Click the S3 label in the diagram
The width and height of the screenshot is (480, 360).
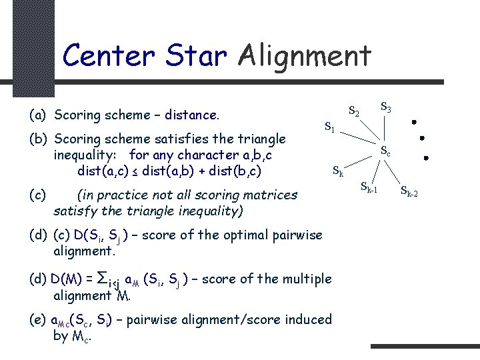385,106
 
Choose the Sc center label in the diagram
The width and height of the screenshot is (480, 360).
385,152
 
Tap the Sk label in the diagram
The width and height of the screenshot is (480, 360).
338,171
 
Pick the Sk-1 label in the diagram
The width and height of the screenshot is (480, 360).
369,188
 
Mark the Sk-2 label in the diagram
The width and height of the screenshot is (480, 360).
409,193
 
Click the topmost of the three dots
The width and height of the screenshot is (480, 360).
414,123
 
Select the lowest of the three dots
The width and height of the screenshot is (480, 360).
426,159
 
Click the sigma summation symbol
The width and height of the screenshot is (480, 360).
103,277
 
